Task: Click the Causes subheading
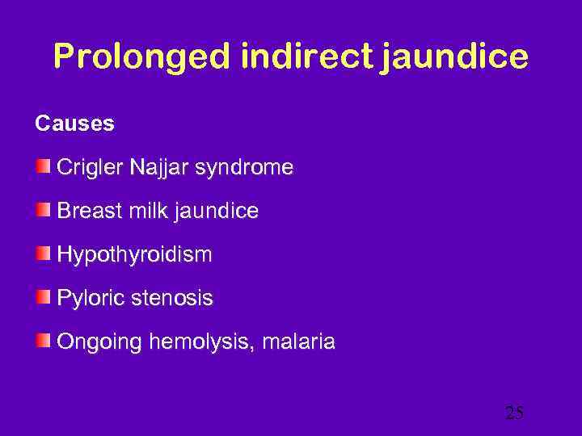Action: (74, 124)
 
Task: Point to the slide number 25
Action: (514, 413)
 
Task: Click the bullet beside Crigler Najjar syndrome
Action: (43, 167)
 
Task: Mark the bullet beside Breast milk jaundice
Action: (43, 211)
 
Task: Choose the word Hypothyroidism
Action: (134, 256)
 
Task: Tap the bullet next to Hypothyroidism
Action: (43, 254)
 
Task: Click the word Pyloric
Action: (86, 299)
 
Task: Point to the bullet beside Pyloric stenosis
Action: (43, 298)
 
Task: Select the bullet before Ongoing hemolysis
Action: (43, 342)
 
